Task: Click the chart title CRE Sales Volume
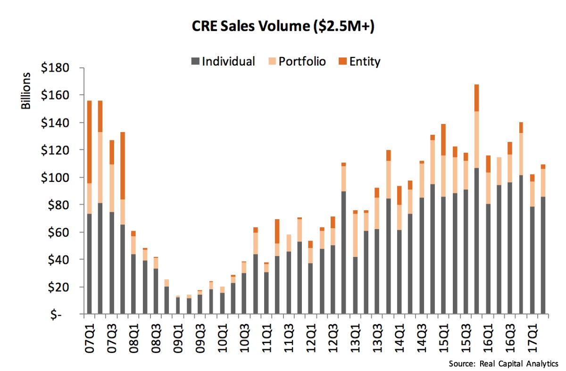click(x=283, y=28)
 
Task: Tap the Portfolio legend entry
click(x=302, y=61)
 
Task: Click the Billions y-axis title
click(x=26, y=91)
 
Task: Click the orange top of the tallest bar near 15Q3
click(x=477, y=98)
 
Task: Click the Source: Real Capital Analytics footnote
click(x=503, y=363)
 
